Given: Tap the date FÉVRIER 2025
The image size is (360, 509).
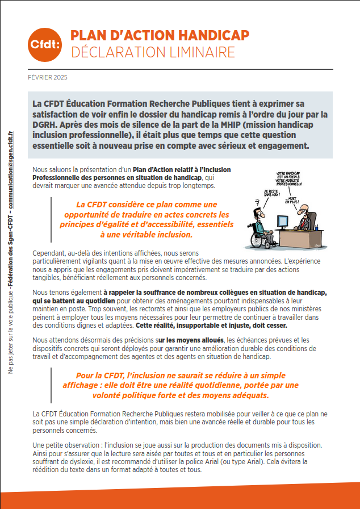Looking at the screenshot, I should pyautogui.click(x=47, y=77).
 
